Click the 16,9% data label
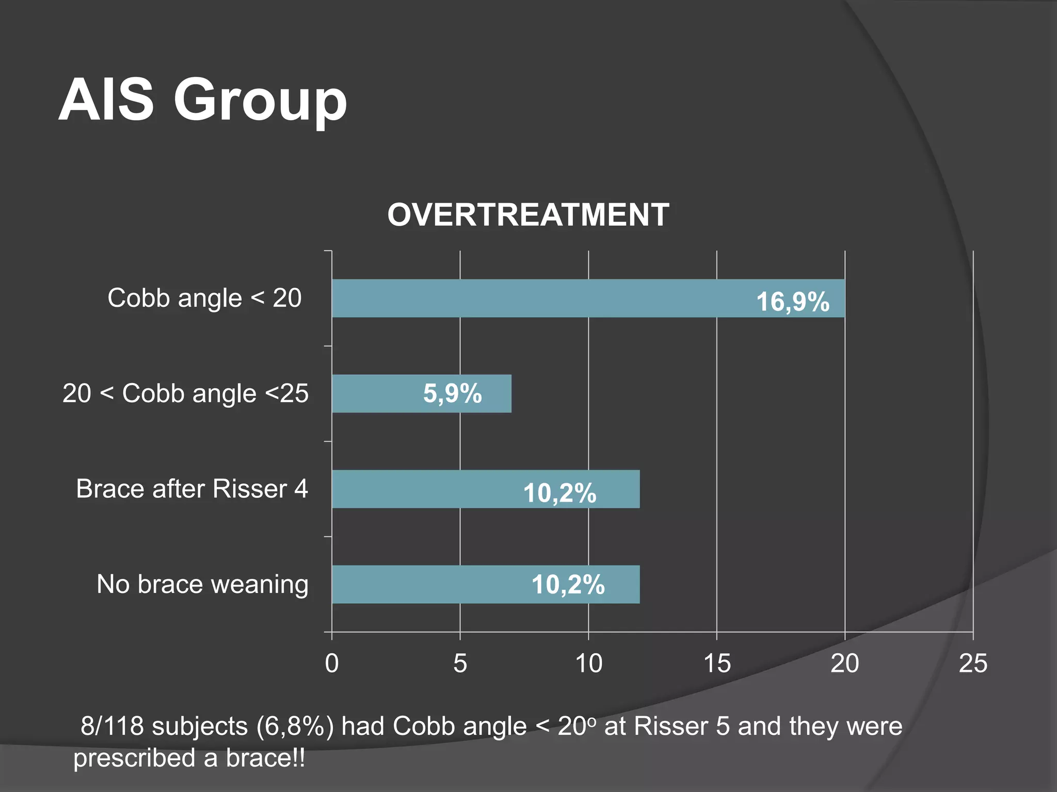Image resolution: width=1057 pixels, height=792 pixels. [x=792, y=302]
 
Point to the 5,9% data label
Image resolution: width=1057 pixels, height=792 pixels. [x=452, y=393]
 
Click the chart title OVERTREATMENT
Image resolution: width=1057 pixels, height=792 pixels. [x=528, y=214]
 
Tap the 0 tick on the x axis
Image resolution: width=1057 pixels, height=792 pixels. [x=332, y=664]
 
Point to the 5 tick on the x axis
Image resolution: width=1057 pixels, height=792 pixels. [x=460, y=664]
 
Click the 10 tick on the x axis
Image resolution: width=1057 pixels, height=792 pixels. [x=588, y=664]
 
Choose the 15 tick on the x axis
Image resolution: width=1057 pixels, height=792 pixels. [x=717, y=664]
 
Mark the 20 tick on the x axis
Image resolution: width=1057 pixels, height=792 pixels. [x=844, y=664]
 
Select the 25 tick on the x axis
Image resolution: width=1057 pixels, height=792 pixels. [x=973, y=664]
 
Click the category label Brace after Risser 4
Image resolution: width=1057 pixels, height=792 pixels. [x=191, y=489]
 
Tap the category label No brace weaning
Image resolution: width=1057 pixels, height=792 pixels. [x=202, y=585]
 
